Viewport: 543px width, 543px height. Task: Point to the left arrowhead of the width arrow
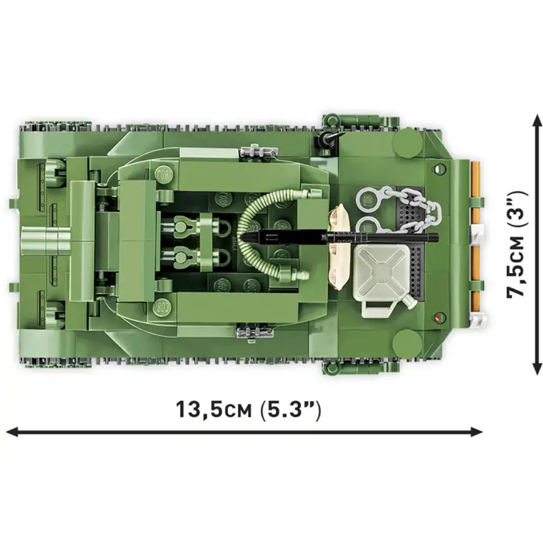[x=11, y=431]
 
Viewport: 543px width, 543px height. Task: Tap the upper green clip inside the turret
[x=184, y=227]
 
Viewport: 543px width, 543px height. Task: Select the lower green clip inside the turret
[x=184, y=255]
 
